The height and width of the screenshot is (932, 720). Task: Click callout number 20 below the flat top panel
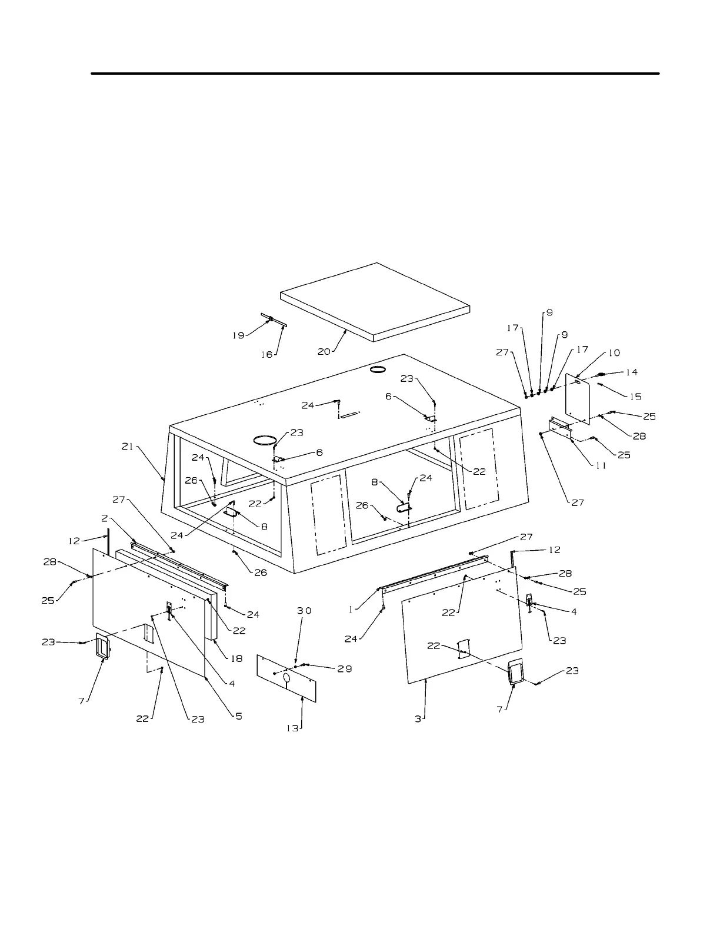(x=324, y=351)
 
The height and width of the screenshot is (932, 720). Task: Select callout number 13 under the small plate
(x=292, y=727)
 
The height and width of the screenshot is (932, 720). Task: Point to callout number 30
(x=304, y=611)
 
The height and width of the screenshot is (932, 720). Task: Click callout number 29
(x=344, y=669)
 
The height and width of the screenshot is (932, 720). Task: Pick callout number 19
(x=238, y=335)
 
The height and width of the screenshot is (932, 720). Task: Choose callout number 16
(x=267, y=355)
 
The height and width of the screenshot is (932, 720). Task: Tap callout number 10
(x=614, y=353)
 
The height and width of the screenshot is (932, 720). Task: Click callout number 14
(x=631, y=372)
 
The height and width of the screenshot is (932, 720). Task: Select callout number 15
(x=635, y=397)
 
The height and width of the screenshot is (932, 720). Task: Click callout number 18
(x=236, y=659)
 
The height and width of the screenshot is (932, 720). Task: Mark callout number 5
(x=239, y=716)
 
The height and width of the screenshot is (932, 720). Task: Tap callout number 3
(x=418, y=719)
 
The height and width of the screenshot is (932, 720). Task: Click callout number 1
(x=351, y=610)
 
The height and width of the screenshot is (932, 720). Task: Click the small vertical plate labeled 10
(x=578, y=397)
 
